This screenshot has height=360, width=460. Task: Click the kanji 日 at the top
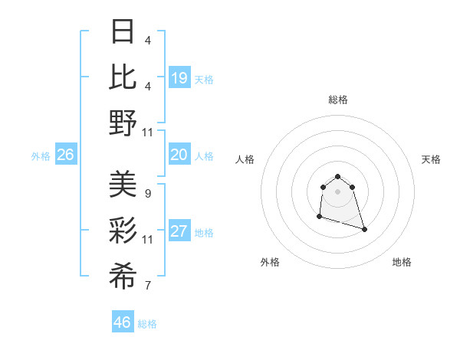(x=123, y=32)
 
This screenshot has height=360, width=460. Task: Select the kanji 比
(x=123, y=77)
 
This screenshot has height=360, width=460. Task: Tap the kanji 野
(x=123, y=123)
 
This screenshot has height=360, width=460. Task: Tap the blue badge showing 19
(x=179, y=78)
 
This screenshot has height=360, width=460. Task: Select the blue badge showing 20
(x=179, y=155)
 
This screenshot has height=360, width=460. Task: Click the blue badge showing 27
(x=179, y=232)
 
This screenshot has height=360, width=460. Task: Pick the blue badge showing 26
(x=66, y=155)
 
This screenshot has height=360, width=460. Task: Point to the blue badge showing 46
(x=123, y=322)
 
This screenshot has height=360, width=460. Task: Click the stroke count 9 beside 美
(x=147, y=193)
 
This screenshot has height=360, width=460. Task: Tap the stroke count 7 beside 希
(x=147, y=286)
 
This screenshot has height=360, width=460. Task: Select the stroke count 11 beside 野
(x=149, y=132)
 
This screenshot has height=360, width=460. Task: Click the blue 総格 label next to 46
(x=147, y=324)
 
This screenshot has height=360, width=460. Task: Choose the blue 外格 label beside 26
(x=41, y=156)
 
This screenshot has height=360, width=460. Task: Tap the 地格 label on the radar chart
(x=402, y=262)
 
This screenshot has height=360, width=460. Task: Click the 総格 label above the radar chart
(x=337, y=100)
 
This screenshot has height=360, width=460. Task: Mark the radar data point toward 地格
(x=364, y=229)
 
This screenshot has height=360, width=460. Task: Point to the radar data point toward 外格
(x=319, y=217)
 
